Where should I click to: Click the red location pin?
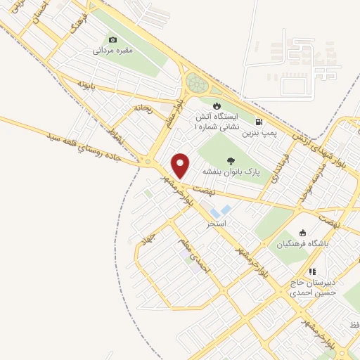(x=181, y=165)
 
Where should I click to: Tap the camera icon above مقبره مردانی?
(x=112, y=40)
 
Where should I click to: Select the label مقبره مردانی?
(x=112, y=51)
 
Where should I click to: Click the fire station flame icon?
(x=217, y=105)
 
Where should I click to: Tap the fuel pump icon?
(x=259, y=121)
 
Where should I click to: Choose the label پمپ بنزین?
(x=257, y=132)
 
